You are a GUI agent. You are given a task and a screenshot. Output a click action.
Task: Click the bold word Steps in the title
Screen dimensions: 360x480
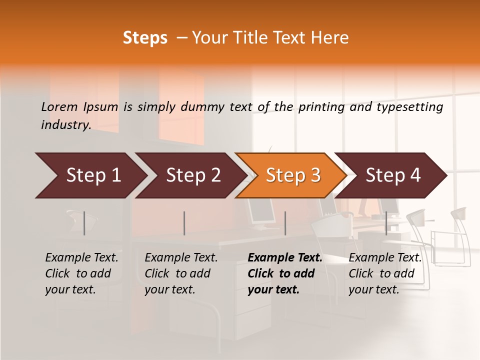coord(145,38)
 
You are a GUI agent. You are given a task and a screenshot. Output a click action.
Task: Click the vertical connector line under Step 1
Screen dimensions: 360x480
coord(84,223)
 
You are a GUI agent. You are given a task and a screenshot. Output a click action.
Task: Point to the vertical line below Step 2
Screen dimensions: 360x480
coord(184,223)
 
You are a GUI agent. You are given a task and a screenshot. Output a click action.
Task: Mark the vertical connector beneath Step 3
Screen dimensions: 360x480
coord(285,223)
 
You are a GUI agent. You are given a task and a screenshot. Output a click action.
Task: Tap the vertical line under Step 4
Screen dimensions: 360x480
coord(386,223)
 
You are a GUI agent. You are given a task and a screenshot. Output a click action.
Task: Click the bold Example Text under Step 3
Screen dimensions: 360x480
coord(285,258)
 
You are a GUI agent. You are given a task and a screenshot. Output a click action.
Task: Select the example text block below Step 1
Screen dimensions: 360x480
coord(81,273)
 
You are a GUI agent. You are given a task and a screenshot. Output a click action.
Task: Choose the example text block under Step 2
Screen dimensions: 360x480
coord(181,273)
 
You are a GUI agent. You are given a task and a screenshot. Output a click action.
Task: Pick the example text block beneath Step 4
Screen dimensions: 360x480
coord(385,273)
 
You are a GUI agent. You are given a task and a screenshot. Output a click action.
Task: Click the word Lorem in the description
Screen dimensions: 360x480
coord(59,107)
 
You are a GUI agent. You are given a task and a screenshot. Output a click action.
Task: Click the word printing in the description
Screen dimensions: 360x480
coord(321,107)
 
